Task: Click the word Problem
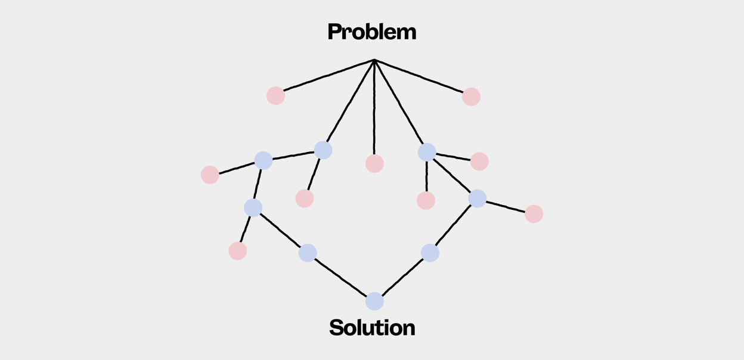click(371, 32)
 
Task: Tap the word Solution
click(372, 327)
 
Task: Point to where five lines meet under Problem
click(374, 60)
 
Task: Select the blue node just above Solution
click(374, 302)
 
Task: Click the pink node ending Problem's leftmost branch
click(275, 95)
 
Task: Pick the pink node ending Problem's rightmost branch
click(471, 97)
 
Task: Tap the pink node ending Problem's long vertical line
click(374, 163)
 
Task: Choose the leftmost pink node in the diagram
click(210, 175)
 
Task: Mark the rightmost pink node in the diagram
click(534, 214)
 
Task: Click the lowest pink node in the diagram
click(238, 251)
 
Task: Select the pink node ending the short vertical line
click(426, 200)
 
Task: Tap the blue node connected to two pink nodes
click(427, 152)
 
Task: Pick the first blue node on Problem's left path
click(323, 150)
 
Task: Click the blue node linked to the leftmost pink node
click(263, 160)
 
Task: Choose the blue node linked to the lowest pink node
click(253, 207)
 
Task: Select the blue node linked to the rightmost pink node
click(478, 198)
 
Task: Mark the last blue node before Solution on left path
click(308, 253)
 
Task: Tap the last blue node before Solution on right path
click(430, 253)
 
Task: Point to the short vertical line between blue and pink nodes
click(426, 176)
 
